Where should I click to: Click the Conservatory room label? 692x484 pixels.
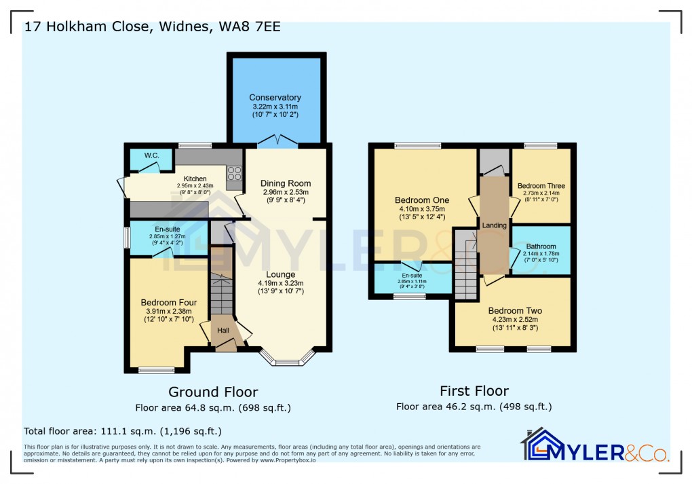click(275, 98)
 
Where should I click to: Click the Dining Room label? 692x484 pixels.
click(286, 183)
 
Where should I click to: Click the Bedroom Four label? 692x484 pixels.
click(169, 303)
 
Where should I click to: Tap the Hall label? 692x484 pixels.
click(223, 330)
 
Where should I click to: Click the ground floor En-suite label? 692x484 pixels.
click(167, 229)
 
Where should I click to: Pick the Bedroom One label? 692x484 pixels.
click(422, 200)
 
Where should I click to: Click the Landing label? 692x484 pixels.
click(495, 225)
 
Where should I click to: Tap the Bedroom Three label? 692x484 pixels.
click(541, 186)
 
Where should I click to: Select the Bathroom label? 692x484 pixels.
click(541, 246)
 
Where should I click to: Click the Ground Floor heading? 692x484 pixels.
click(213, 392)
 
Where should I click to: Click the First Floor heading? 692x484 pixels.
click(474, 391)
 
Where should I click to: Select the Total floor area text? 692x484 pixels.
click(122, 431)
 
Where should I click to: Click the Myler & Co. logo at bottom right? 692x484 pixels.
click(595, 446)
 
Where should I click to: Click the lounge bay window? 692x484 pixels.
click(288, 358)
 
